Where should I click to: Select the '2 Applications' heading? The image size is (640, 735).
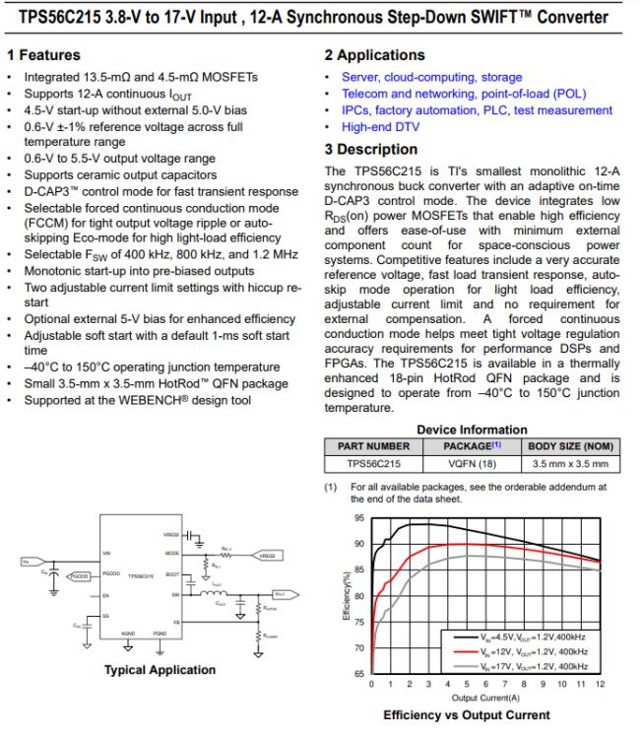pyautogui.click(x=375, y=55)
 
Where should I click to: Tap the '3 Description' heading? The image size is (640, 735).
pyautogui.click(x=371, y=149)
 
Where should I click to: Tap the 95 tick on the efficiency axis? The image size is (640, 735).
pyautogui.click(x=357, y=517)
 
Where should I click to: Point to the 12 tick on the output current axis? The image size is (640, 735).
pyautogui.click(x=601, y=683)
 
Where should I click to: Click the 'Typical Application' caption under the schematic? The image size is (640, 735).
pyautogui.click(x=160, y=670)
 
